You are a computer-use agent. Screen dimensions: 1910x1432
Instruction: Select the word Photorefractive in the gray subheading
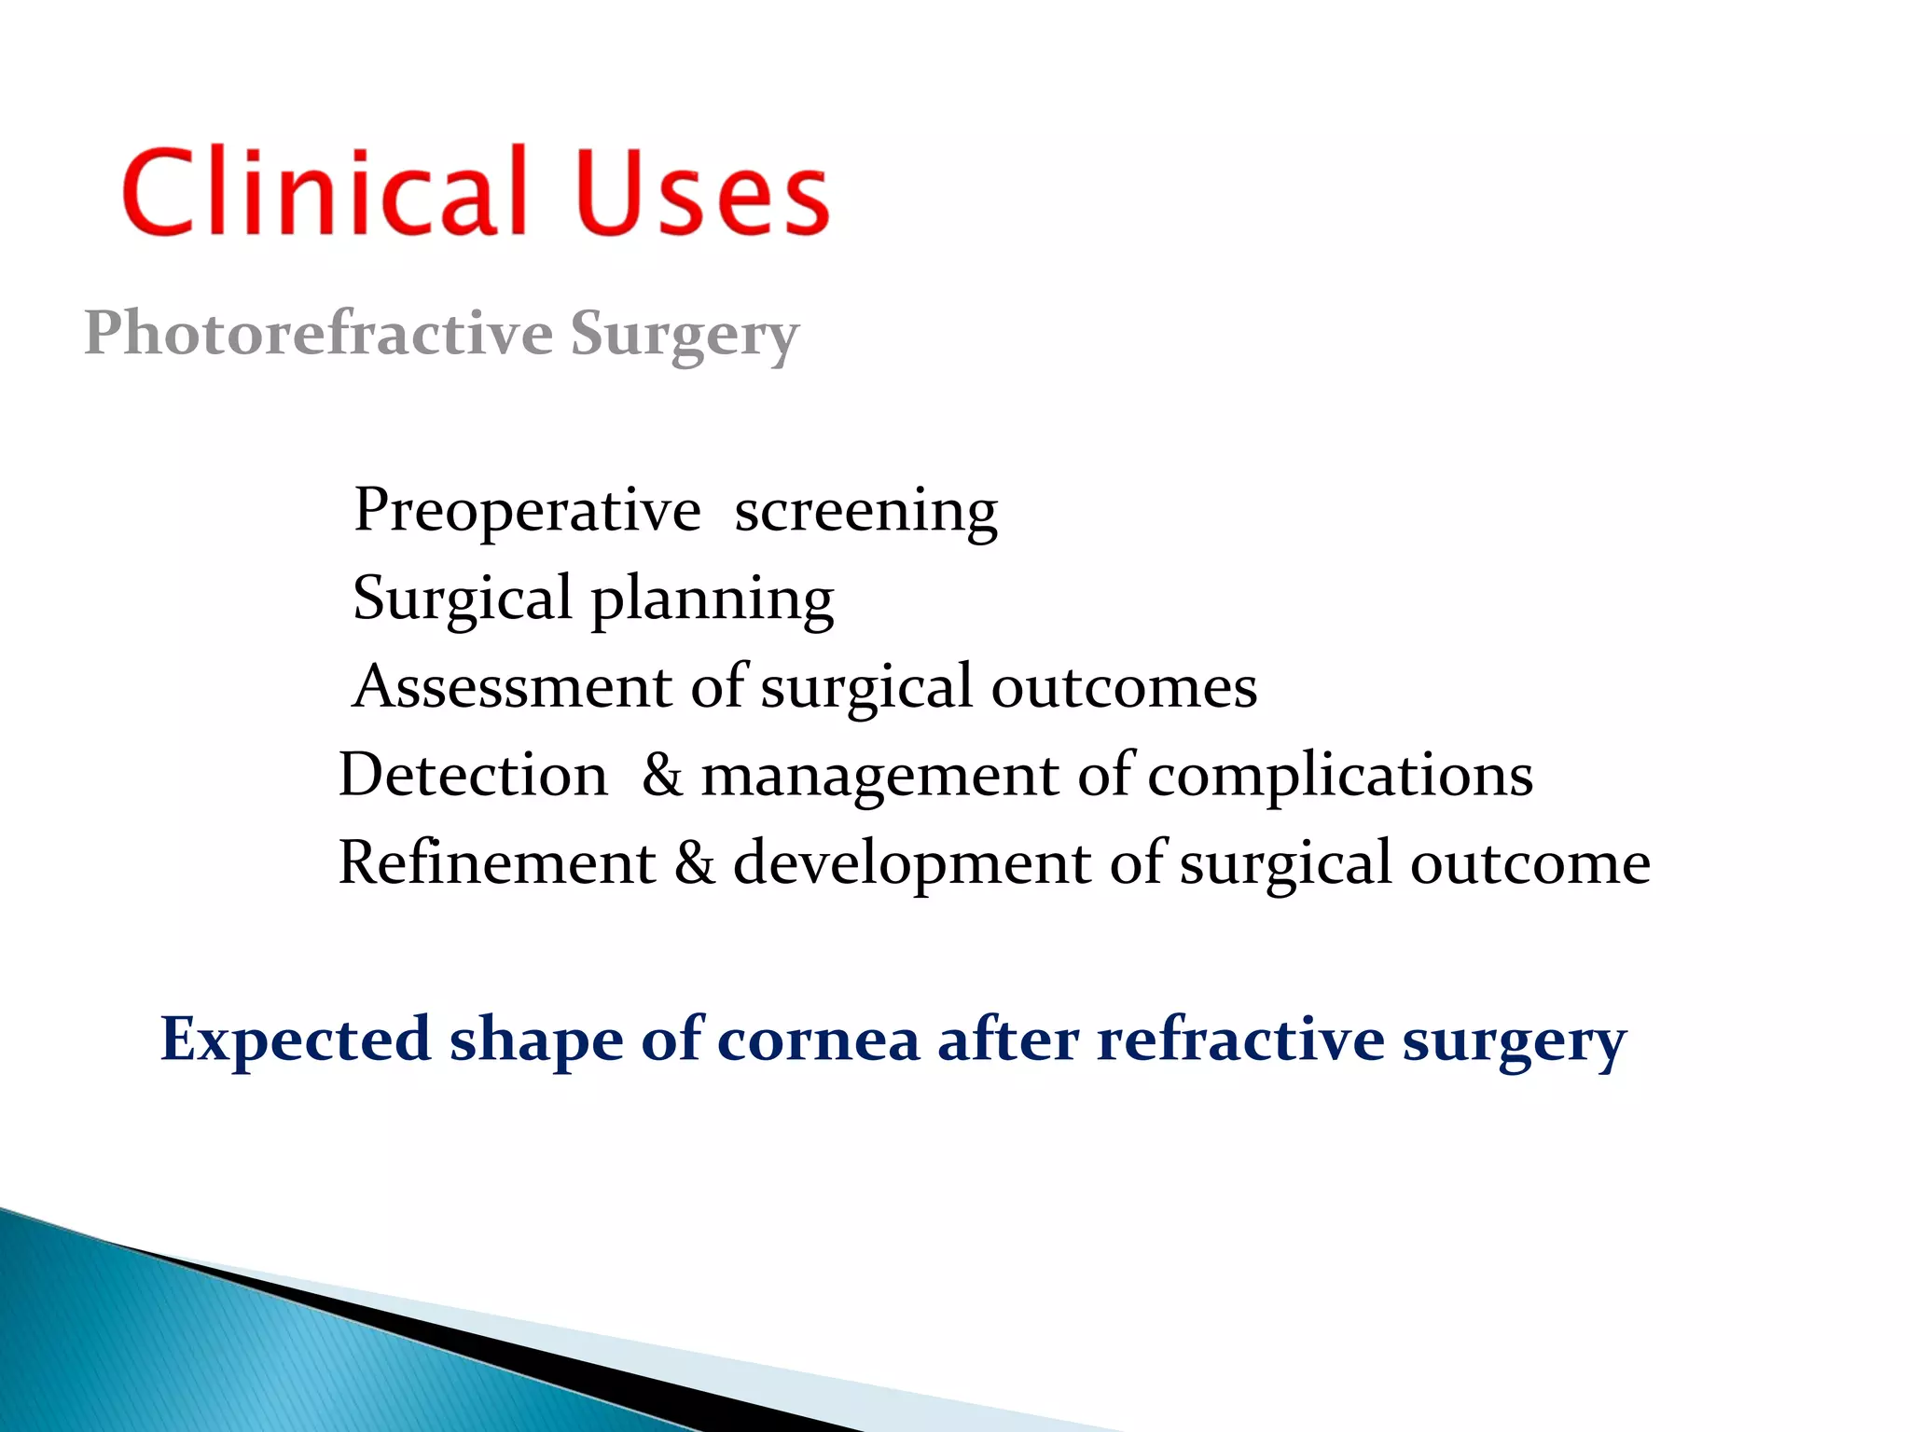[319, 334]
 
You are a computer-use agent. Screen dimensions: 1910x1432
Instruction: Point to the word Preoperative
[528, 512]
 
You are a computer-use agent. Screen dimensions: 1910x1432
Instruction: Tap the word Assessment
[512, 686]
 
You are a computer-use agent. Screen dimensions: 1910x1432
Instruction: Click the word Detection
[473, 775]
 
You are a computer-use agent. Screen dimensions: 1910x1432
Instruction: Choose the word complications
[1340, 776]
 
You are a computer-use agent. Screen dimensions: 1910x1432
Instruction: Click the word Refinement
[497, 862]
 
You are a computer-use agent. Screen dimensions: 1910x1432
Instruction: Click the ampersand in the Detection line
[662, 775]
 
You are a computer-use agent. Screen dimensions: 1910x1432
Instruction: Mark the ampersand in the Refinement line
[695, 862]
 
